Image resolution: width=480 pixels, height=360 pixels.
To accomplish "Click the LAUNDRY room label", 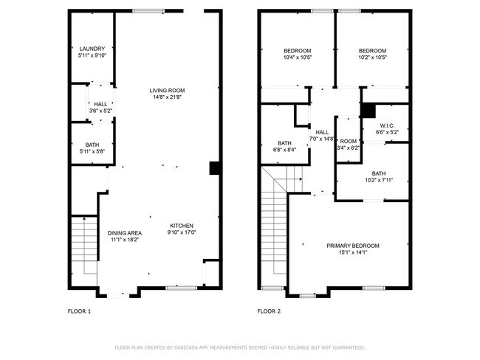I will [x=92, y=49].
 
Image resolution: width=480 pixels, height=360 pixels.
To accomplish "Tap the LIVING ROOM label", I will [x=166, y=90].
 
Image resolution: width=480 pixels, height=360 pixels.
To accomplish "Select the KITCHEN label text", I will [x=182, y=226].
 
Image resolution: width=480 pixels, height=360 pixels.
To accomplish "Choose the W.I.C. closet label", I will [x=388, y=125].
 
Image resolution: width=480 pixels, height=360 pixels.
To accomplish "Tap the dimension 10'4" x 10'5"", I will [x=298, y=57].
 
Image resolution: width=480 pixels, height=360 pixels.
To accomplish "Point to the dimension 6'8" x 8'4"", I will [x=284, y=150].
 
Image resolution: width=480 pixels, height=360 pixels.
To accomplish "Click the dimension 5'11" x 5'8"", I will [x=92, y=151].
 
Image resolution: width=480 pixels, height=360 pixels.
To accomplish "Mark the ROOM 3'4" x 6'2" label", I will [x=348, y=144].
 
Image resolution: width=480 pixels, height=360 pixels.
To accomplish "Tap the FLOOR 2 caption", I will [x=269, y=311].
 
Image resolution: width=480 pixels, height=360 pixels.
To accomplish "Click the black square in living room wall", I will [x=214, y=168].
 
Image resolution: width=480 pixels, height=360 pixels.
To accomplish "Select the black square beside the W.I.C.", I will [x=367, y=110].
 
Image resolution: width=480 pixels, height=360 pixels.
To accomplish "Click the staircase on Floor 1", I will [x=83, y=243].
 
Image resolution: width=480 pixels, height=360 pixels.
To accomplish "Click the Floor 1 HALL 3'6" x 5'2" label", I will [x=99, y=107].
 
